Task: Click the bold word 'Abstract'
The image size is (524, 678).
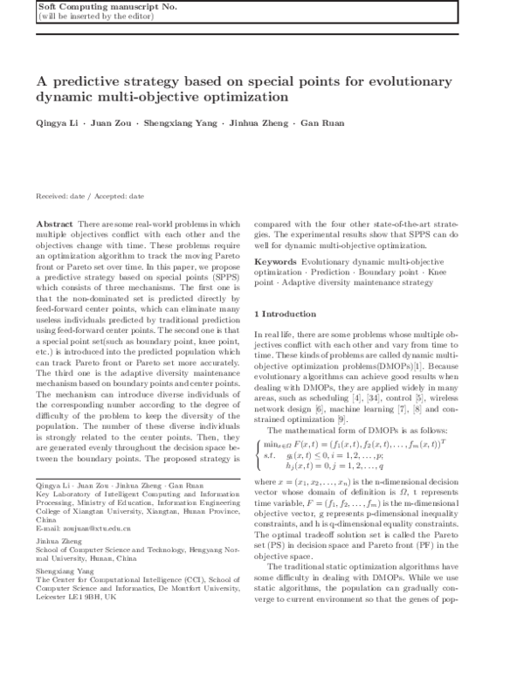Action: [x=55, y=225]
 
